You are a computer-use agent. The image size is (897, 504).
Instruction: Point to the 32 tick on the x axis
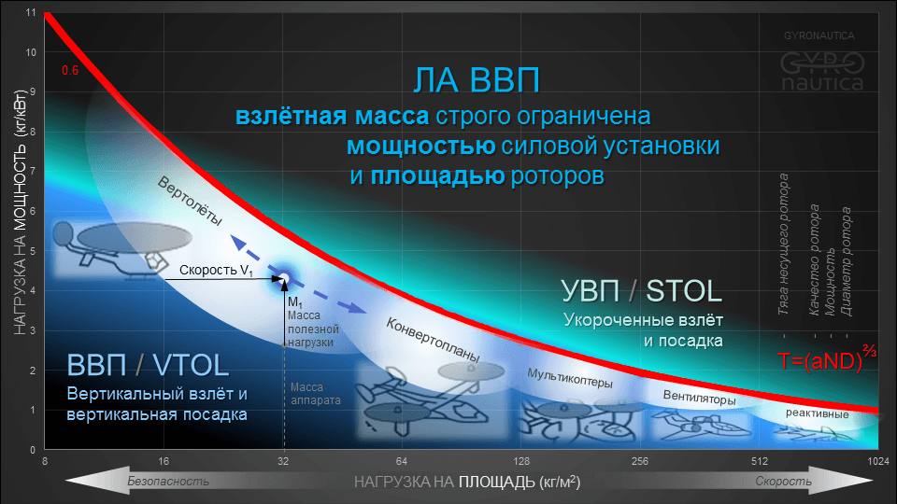284,461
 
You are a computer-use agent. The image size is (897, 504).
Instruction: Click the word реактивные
818,413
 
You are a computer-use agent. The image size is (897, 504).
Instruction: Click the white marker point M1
284,278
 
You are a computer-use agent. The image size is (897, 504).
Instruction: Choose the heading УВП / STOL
641,290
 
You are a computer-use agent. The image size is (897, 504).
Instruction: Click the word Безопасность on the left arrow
168,482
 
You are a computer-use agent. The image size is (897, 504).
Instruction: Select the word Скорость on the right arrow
783,482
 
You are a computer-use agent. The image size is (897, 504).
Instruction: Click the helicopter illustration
112,247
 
